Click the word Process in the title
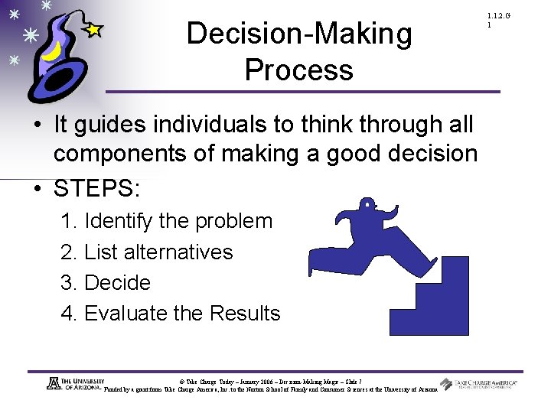tap(298, 70)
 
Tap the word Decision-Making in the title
tap(298, 34)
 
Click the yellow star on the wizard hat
tap(93, 30)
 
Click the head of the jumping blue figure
tap(368, 205)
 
